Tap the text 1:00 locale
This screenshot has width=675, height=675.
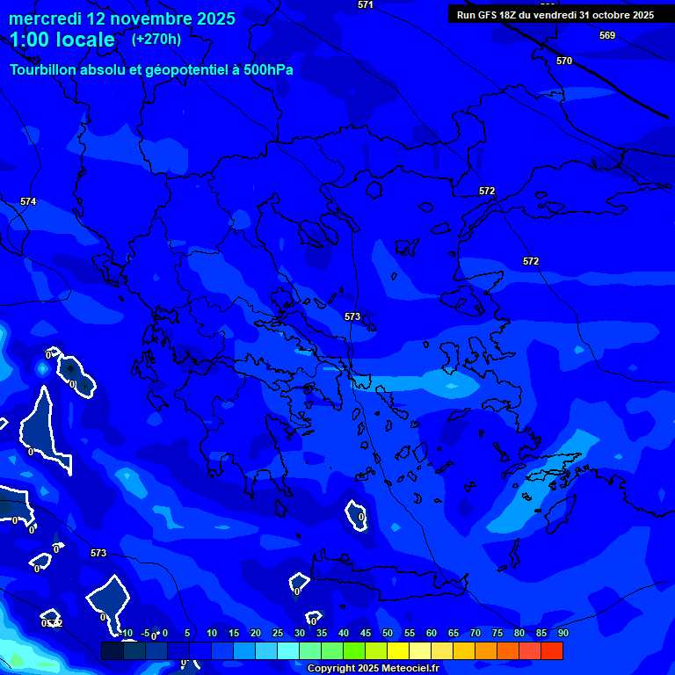click(62, 40)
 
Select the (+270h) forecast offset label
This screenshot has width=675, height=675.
click(156, 39)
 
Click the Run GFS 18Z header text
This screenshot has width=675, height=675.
click(488, 15)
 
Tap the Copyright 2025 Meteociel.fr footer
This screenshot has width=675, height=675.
click(373, 669)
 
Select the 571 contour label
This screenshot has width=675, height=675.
click(366, 5)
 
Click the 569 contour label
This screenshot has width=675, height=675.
click(607, 36)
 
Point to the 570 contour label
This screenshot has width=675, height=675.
click(564, 61)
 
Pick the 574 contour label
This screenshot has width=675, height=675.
click(28, 202)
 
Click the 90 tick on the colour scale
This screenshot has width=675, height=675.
click(562, 633)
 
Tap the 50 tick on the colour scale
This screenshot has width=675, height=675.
click(388, 633)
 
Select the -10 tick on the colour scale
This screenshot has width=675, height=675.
click(127, 633)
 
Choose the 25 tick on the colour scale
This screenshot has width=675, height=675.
click(278, 633)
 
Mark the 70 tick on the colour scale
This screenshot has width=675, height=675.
click(475, 633)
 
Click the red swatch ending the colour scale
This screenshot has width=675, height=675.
click(552, 650)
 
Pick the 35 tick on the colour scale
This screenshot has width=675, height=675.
click(322, 633)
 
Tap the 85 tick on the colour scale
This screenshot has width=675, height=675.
click(541, 633)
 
